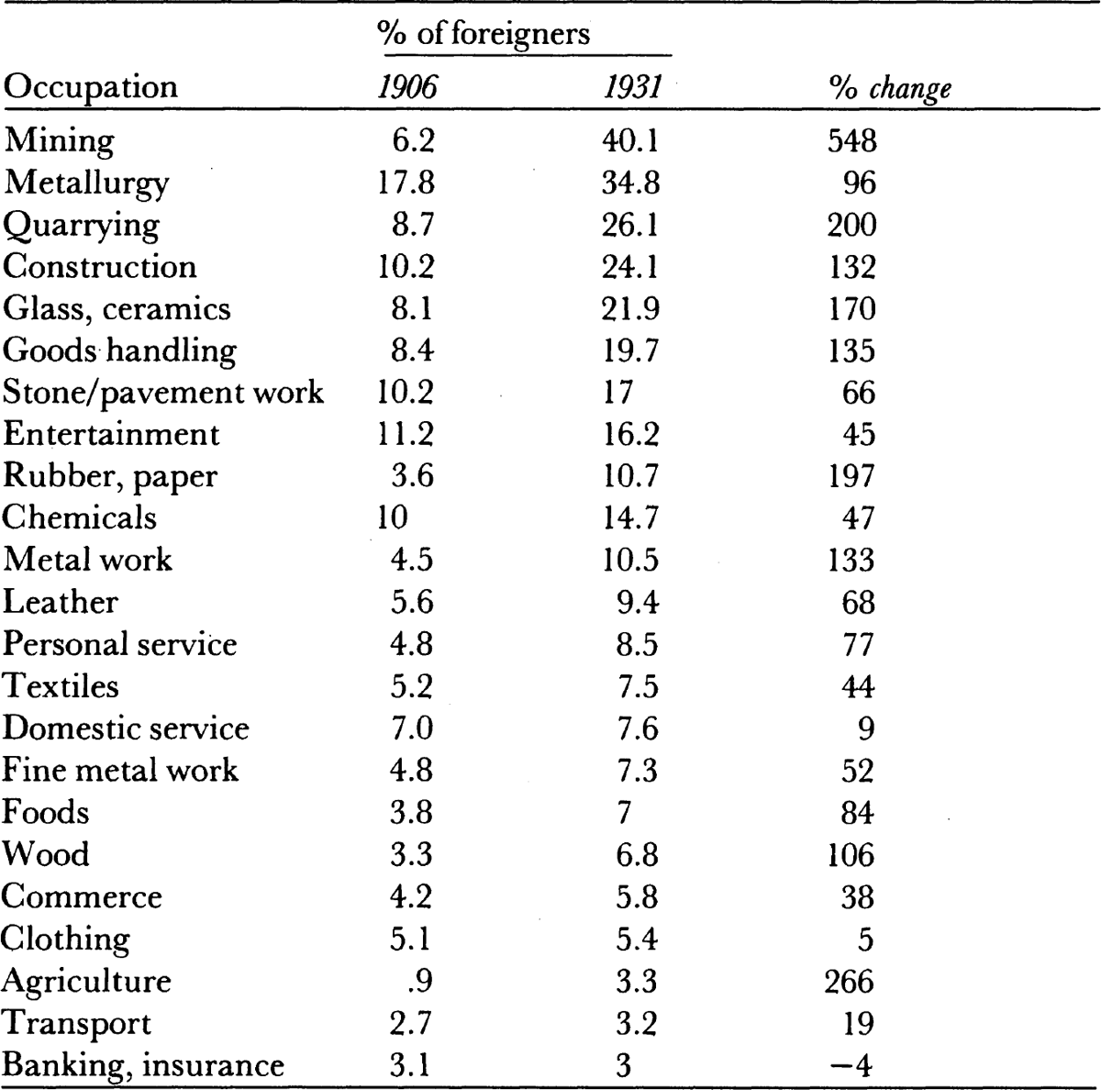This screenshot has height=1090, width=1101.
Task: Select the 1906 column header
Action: [x=406, y=87]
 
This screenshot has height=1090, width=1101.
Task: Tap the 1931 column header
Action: [x=632, y=87]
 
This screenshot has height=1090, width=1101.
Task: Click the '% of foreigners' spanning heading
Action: [x=484, y=33]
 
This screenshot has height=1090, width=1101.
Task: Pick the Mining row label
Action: [x=59, y=140]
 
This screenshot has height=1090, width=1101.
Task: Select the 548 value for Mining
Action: [x=851, y=140]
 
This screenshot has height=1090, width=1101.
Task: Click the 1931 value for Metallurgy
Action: [x=630, y=183]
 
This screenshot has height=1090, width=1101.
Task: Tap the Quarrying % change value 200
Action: [x=851, y=225]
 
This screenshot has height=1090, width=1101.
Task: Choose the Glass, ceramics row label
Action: [x=117, y=309]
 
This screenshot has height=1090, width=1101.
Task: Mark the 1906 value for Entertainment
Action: [x=406, y=434]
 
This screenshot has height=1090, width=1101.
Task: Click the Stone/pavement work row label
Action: [x=162, y=393]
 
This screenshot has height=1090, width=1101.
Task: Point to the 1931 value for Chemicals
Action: [x=630, y=517]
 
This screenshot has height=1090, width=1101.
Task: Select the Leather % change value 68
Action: [x=858, y=602]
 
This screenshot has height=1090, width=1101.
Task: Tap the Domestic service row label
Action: [x=125, y=728]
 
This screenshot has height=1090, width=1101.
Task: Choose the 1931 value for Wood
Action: [x=637, y=854]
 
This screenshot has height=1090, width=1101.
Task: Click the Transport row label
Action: [x=76, y=1024]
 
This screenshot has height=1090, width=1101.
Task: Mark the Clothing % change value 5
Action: [x=865, y=939]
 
